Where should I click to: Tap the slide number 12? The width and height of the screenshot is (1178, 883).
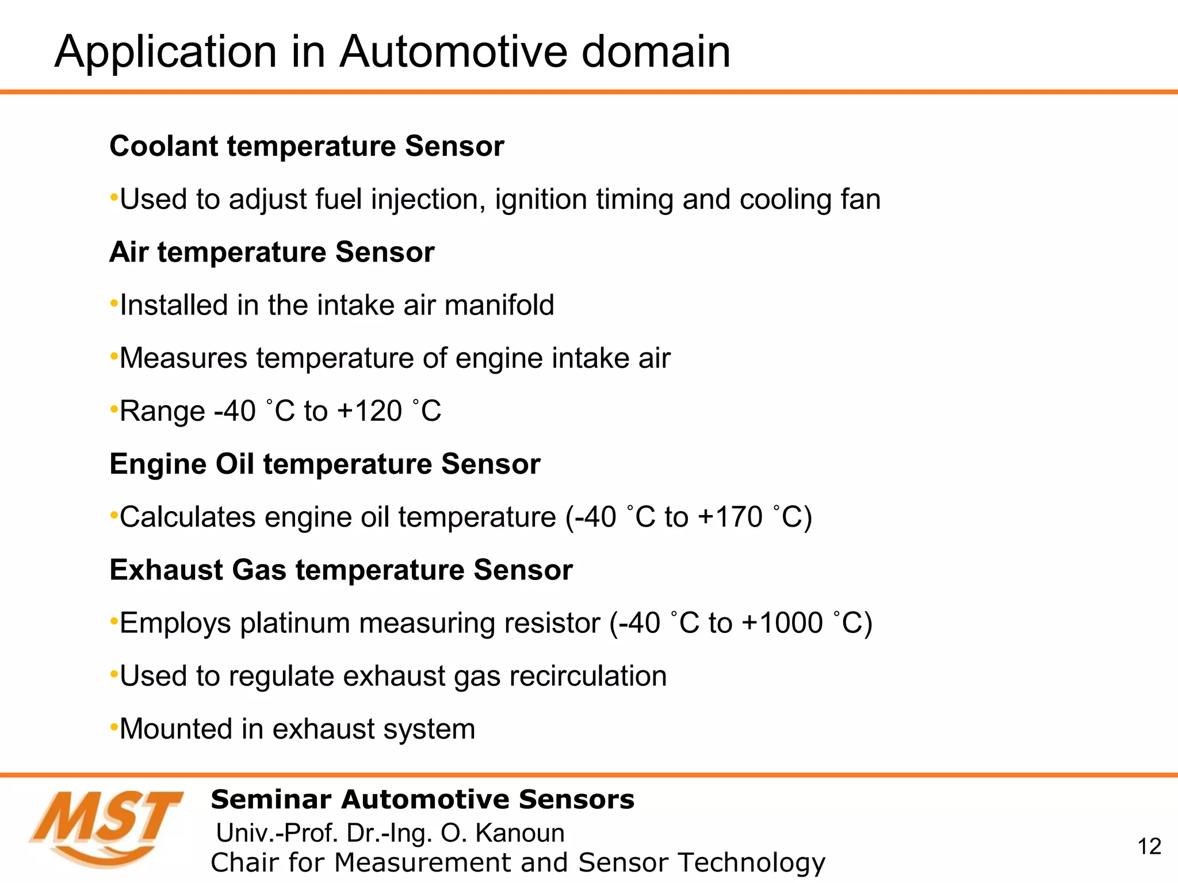1149,846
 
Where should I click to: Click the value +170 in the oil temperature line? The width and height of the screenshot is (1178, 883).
730,517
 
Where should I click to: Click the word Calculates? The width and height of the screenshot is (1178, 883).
187,517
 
